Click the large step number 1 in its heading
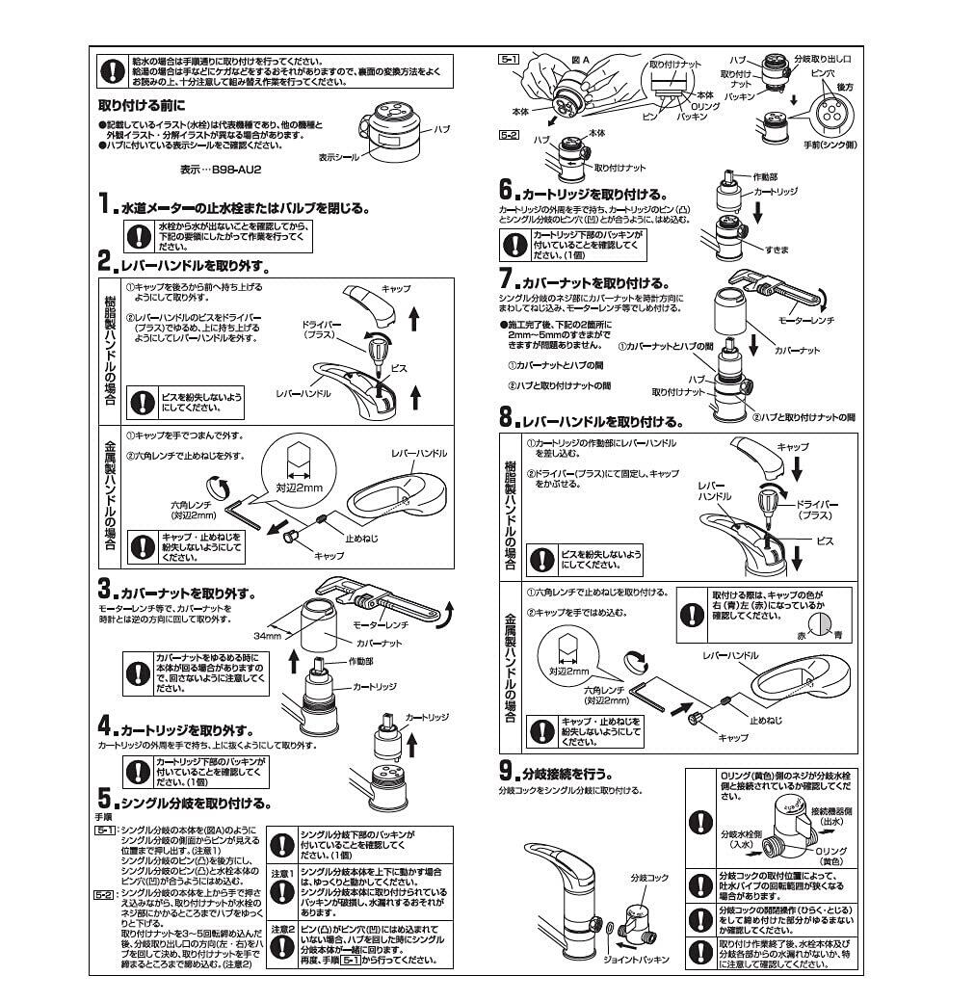[105, 204]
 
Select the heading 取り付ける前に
[142, 105]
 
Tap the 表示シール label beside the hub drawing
[338, 155]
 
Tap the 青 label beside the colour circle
[837, 636]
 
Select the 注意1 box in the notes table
[280, 873]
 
